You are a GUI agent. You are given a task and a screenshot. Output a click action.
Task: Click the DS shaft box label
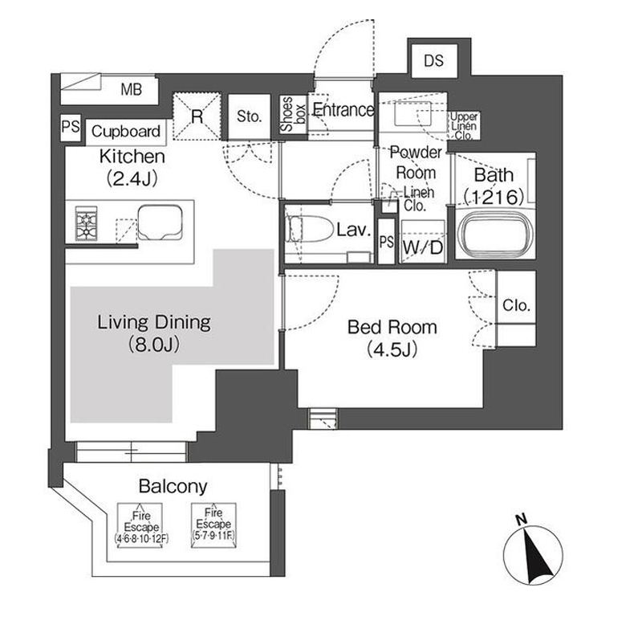pyautogui.click(x=434, y=61)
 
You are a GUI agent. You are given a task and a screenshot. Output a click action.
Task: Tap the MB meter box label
pyautogui.click(x=131, y=89)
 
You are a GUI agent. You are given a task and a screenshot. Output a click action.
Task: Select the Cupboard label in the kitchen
pyautogui.click(x=126, y=131)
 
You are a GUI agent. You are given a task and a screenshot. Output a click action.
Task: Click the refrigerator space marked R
pyautogui.click(x=197, y=116)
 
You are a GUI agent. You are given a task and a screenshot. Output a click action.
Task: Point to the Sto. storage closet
pyautogui.click(x=249, y=117)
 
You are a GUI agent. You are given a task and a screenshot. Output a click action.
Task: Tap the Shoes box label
pyautogui.click(x=293, y=114)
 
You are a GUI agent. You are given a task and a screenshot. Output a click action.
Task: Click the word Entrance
pyautogui.click(x=343, y=109)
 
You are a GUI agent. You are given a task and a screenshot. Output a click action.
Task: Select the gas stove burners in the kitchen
pyautogui.click(x=86, y=223)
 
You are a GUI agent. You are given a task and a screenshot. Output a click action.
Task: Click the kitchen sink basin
pyautogui.click(x=161, y=223)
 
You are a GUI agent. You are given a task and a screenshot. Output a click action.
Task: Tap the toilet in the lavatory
pyautogui.click(x=307, y=229)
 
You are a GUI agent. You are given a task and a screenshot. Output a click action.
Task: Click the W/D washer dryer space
pyautogui.click(x=423, y=243)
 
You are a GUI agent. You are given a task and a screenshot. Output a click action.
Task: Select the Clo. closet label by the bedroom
pyautogui.click(x=516, y=304)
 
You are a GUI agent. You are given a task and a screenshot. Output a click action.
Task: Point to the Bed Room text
pyautogui.click(x=392, y=327)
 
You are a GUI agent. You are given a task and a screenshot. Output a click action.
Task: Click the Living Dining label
pyautogui.click(x=154, y=323)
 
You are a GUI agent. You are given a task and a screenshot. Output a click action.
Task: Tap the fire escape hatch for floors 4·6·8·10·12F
pyautogui.click(x=140, y=525)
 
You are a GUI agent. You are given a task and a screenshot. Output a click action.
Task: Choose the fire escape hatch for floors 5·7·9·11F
pyautogui.click(x=213, y=525)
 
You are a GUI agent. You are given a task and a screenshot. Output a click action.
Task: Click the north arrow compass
pyautogui.click(x=533, y=554)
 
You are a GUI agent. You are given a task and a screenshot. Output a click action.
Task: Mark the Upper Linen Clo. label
pyautogui.click(x=464, y=126)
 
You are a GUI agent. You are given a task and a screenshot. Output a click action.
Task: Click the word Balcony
pyautogui.click(x=173, y=486)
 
